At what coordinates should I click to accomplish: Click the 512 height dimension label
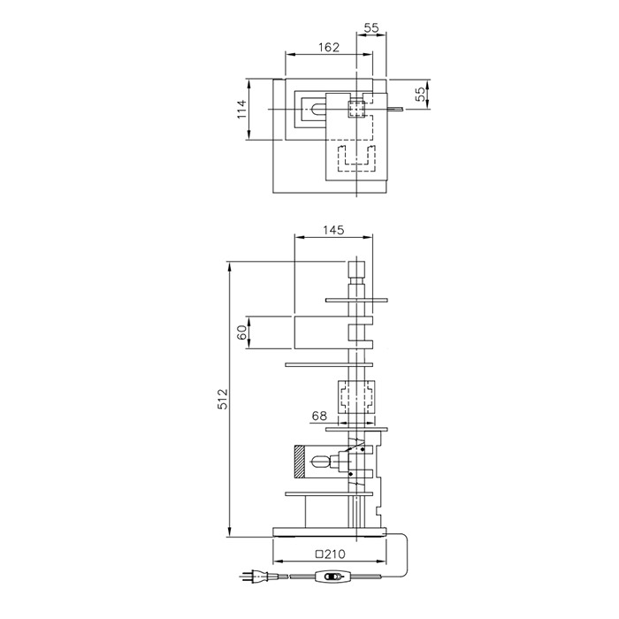point(223,399)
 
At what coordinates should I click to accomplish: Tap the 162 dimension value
point(329,48)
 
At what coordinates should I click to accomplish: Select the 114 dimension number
point(241,109)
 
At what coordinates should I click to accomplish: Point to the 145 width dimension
point(333,230)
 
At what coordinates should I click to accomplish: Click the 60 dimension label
point(242,332)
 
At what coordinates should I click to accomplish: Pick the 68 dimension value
point(319,416)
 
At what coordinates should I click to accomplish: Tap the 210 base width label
point(335,554)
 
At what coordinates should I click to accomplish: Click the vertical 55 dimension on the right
point(421,94)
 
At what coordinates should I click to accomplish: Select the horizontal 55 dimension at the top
point(371,27)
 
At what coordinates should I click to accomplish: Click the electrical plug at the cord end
point(254,577)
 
